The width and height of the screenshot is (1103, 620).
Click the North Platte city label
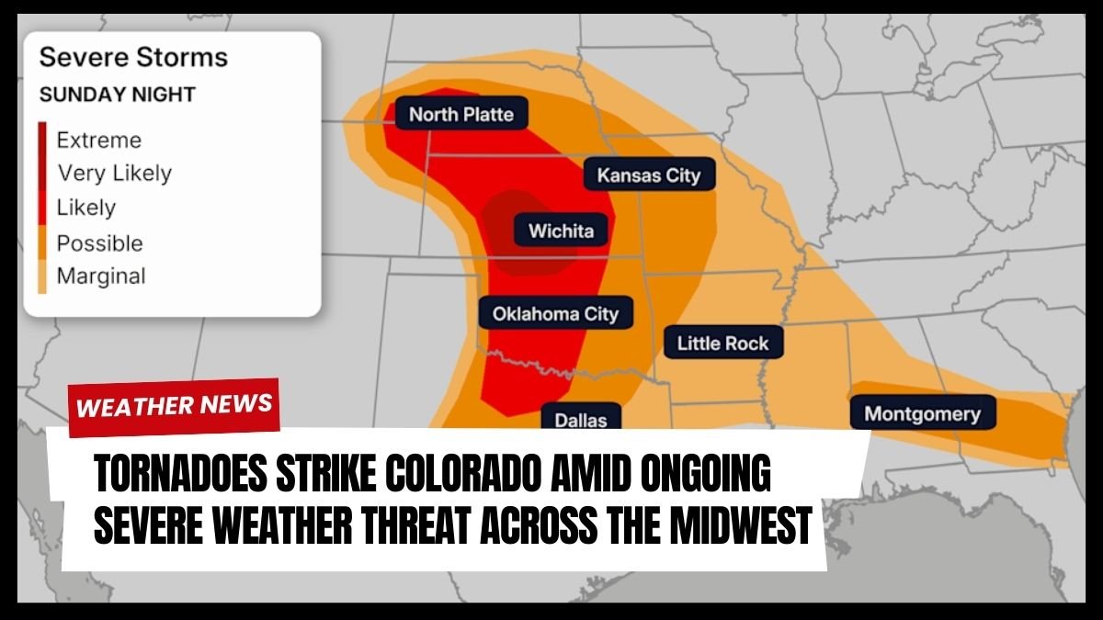[461, 114]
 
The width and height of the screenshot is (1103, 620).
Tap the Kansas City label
[649, 175]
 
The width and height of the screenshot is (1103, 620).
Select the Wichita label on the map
[561, 231]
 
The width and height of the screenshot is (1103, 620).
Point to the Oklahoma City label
[555, 313]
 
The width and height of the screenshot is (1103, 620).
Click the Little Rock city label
[722, 344]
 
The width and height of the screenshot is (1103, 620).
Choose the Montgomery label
[922, 413]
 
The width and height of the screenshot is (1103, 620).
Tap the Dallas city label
[581, 420]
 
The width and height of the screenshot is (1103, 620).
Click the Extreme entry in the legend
[99, 141]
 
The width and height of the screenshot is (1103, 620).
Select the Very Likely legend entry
[114, 173]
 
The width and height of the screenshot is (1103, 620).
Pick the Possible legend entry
[99, 243]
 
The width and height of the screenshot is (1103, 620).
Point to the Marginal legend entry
[101, 276]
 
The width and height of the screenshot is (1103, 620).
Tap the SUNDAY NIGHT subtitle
[117, 95]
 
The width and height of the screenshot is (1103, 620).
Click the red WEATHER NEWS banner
[174, 405]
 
